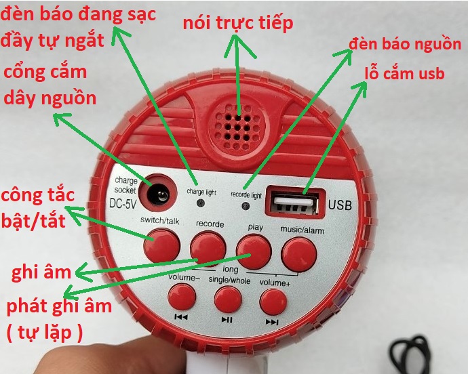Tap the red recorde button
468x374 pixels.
click(208, 248)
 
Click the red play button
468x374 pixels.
click(254, 251)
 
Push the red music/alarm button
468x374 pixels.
click(299, 254)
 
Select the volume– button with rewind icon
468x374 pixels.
click(182, 297)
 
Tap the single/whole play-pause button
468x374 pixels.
click(228, 299)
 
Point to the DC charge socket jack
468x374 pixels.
click(158, 193)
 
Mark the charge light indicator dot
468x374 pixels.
click(201, 203)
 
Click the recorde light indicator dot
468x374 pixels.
click(246, 206)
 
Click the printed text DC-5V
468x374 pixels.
click(123, 203)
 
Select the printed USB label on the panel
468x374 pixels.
click(340, 205)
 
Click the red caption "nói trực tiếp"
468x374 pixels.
click(238, 22)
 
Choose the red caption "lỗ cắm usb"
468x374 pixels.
click(405, 73)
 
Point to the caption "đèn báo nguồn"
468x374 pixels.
click(405, 44)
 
